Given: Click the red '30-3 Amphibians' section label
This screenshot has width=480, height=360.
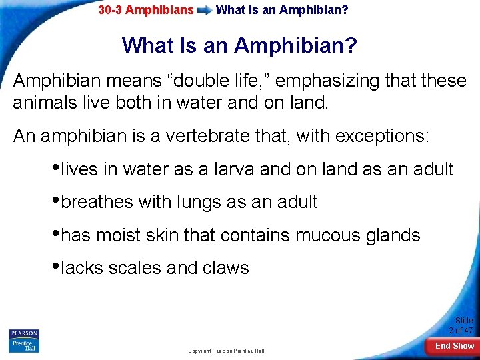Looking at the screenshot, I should (x=145, y=10).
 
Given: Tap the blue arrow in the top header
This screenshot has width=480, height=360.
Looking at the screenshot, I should (x=204, y=11).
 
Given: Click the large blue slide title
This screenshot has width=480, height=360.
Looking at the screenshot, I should (x=239, y=46).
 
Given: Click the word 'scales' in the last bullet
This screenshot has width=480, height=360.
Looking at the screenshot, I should (x=135, y=268).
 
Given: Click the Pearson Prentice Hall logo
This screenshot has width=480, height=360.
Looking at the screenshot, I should (x=24, y=340).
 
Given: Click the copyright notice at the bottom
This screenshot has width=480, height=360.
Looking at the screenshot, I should (x=226, y=351).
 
